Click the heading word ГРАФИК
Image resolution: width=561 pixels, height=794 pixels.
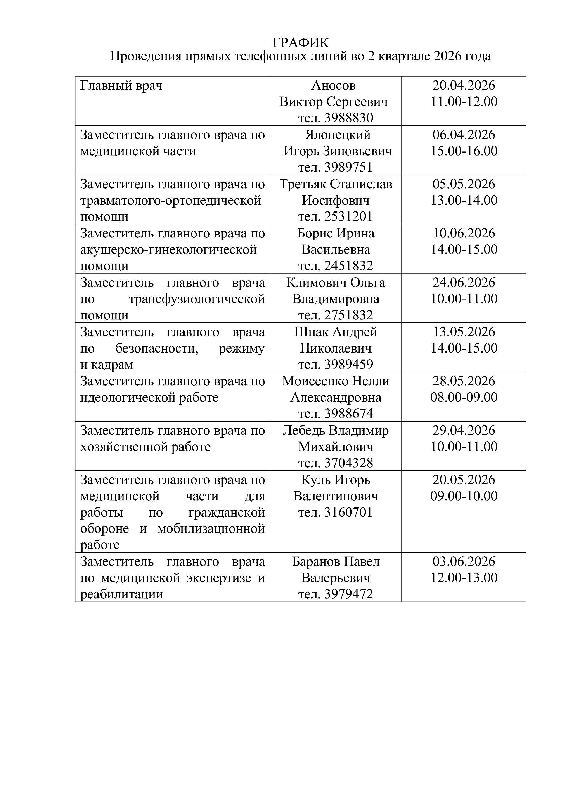[301, 43]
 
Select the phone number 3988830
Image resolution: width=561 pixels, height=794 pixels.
[348, 118]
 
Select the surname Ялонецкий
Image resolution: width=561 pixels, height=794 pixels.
[338, 134]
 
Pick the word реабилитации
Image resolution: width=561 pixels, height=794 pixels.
[122, 594]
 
